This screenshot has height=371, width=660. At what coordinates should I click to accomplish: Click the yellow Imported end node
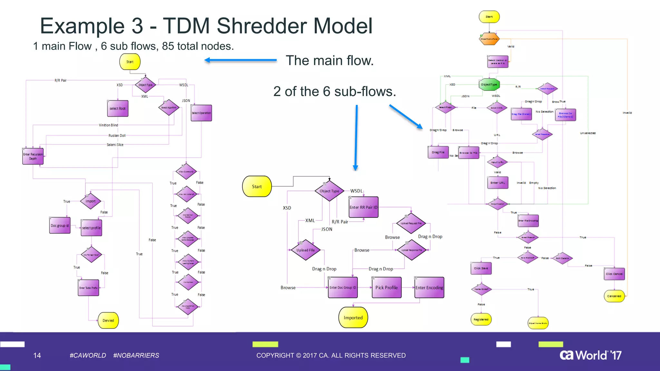pos(353,318)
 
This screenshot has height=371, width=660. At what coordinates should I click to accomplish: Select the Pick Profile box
pos(386,288)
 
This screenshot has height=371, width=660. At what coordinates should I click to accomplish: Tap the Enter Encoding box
pos(429,288)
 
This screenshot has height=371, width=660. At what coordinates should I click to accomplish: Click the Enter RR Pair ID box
pos(364,207)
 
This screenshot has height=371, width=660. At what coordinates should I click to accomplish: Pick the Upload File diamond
pos(306,250)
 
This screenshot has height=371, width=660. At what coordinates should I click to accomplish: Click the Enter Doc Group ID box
pos(343,288)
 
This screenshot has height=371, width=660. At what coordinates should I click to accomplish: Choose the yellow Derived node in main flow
pos(108,320)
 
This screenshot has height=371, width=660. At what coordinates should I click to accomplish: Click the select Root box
pos(118,109)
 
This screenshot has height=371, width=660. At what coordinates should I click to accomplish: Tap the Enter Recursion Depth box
pos(33,156)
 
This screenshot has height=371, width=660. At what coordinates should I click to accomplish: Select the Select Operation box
pos(201,113)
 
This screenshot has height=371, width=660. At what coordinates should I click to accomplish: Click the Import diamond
pos(91,201)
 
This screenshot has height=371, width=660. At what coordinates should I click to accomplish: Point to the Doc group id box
pos(60,225)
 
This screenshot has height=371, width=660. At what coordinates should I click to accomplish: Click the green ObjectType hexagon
pos(489,84)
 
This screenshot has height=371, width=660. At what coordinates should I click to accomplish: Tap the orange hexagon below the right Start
pos(489,39)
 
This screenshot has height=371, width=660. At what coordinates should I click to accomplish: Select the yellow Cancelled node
pos(614,296)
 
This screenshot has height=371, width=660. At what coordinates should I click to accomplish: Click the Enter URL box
pos(498,183)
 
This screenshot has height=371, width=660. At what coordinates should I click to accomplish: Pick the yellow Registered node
pos(481,319)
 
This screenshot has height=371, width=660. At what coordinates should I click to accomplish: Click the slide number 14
pos(37,355)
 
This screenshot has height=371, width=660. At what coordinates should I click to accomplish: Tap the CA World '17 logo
pos(590,355)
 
